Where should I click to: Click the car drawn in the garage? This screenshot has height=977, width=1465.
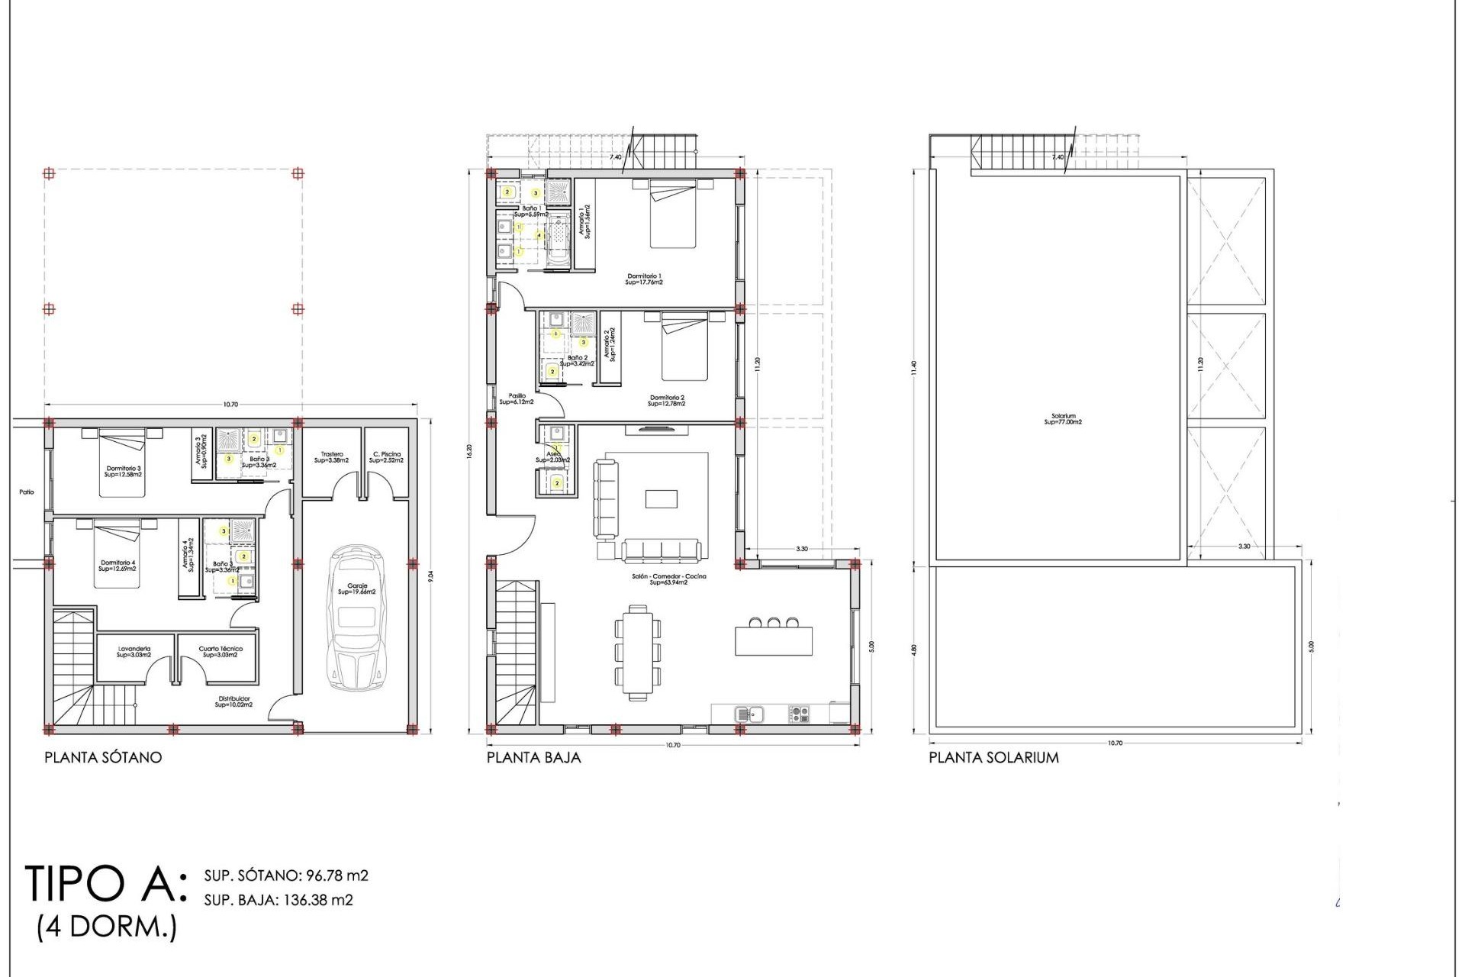[x=356, y=618]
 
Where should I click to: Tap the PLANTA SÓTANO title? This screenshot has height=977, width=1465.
[x=103, y=757]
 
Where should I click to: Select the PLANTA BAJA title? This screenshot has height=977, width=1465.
[x=533, y=757]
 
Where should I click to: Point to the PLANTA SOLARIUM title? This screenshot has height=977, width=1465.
[x=993, y=757]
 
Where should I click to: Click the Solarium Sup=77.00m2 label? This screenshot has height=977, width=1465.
[x=1063, y=419]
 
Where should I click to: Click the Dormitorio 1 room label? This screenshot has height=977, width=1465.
[x=644, y=279]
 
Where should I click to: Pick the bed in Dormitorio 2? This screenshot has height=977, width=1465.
[x=684, y=347]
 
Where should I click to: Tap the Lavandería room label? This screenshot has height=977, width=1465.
[x=134, y=652]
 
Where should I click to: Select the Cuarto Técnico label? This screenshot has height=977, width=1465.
[x=221, y=652]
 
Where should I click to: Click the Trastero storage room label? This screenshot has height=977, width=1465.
[x=331, y=457]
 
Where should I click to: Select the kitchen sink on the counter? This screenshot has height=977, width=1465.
[x=749, y=714]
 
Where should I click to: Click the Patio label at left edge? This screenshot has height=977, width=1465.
[x=27, y=492]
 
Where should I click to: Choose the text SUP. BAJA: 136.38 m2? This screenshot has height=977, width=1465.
[x=279, y=900]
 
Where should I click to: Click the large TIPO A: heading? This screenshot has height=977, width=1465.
[x=105, y=884]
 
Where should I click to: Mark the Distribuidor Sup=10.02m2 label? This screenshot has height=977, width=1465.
[x=233, y=701]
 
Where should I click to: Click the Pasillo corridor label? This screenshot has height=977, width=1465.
[x=517, y=398]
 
